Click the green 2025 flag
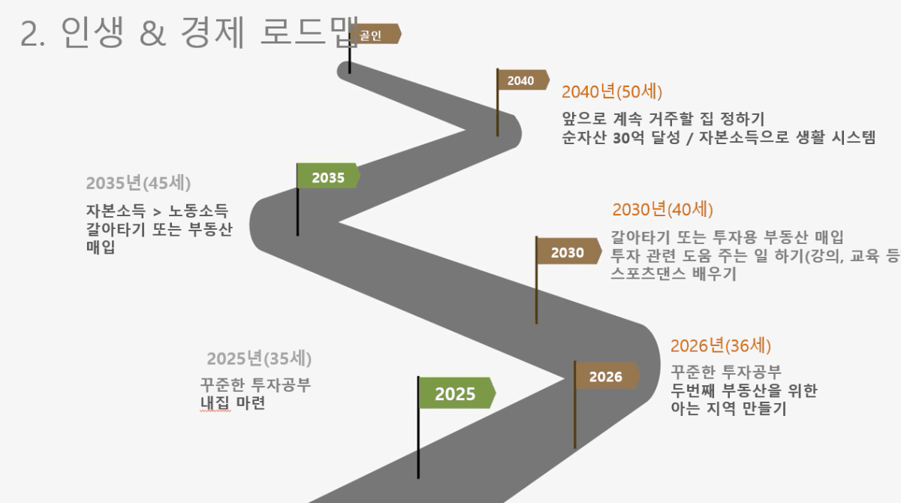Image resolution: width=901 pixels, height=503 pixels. [457, 393]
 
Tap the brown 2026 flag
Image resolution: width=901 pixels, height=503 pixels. [607, 375]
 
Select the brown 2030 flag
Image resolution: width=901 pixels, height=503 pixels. [569, 251]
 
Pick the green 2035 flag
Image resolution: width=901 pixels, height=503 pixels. [329, 176]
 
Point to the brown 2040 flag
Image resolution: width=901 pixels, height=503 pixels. [523, 80]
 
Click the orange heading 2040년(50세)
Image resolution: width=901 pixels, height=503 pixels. [612, 92]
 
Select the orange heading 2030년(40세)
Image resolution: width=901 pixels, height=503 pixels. [662, 209]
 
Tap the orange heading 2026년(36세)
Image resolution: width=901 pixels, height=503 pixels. [720, 346]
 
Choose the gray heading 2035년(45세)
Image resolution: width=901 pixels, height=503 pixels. [138, 183]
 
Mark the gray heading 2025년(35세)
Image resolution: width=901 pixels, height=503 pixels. [259, 359]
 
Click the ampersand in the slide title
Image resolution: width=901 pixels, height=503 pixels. [153, 33]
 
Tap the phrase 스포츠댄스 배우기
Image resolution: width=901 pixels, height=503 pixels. [673, 274]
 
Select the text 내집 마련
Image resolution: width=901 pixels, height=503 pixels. [233, 403]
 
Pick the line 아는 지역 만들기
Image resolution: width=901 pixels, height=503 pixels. [728, 408]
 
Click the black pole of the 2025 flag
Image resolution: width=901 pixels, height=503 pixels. [418, 427]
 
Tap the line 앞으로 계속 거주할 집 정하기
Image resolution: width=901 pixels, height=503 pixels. [663, 119]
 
